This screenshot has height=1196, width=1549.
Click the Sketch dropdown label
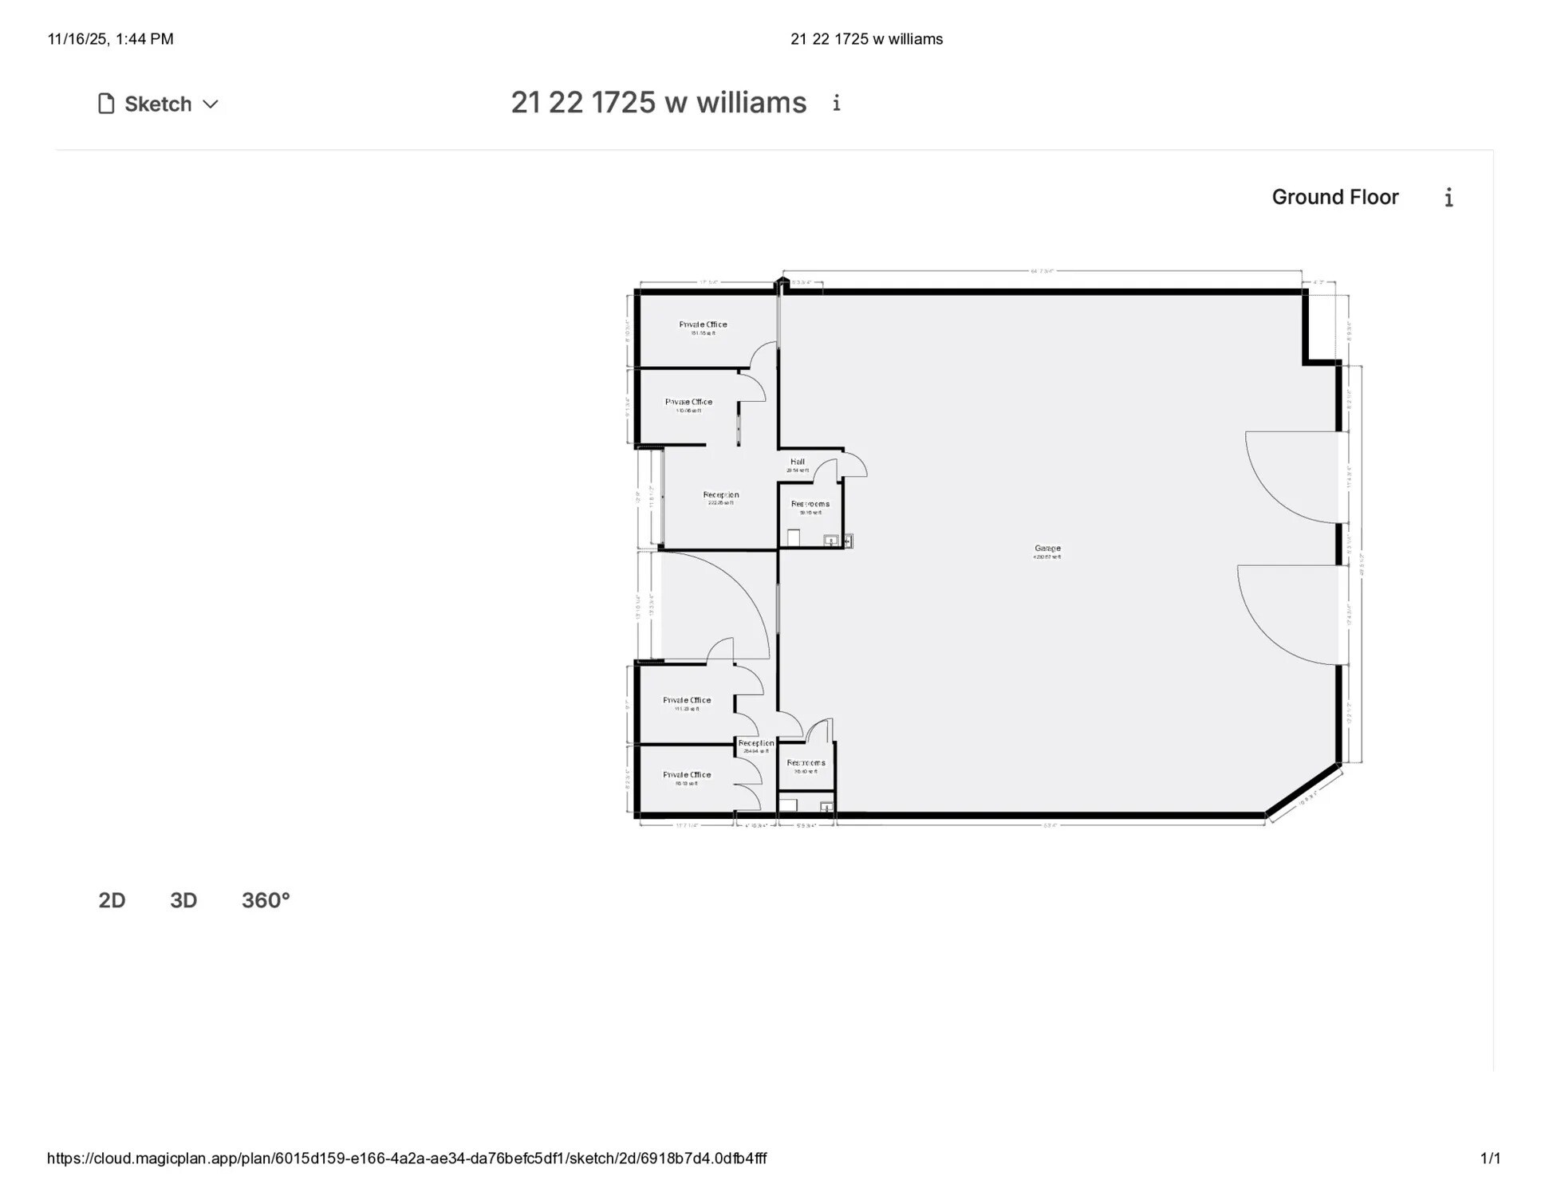coord(157,104)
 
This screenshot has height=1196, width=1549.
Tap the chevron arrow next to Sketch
coord(211,104)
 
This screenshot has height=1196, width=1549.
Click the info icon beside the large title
coord(836,103)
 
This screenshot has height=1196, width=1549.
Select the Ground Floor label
coord(1334,197)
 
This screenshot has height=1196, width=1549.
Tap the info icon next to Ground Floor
coord(1448,198)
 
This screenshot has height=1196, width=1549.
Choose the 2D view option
coord(112,900)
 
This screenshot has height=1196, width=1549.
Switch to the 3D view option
coord(183,900)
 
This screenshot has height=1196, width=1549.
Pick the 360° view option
coord(266,900)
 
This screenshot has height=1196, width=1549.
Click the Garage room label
coord(1047,549)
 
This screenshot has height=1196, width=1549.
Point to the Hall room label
coord(797,462)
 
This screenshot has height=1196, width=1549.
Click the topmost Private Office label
coord(703,325)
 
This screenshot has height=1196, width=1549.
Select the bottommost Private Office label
coord(687,774)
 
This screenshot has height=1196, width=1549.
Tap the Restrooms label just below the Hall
coord(810,504)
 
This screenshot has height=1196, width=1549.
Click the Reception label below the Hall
coord(721,495)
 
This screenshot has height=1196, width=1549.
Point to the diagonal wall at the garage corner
coord(1303,790)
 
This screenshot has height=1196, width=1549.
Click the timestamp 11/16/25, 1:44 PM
coord(110,39)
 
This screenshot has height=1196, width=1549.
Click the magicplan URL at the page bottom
coord(407,1159)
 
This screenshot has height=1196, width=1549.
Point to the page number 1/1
coord(1490,1159)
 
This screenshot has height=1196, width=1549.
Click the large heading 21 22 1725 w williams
coord(658,103)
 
